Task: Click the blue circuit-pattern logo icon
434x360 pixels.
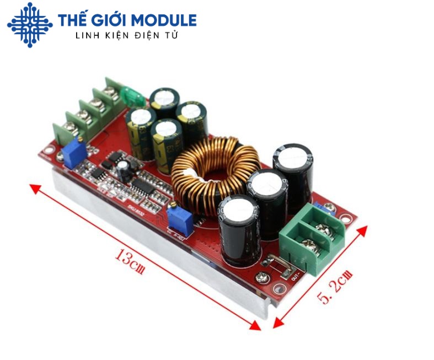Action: coord(29,25)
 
